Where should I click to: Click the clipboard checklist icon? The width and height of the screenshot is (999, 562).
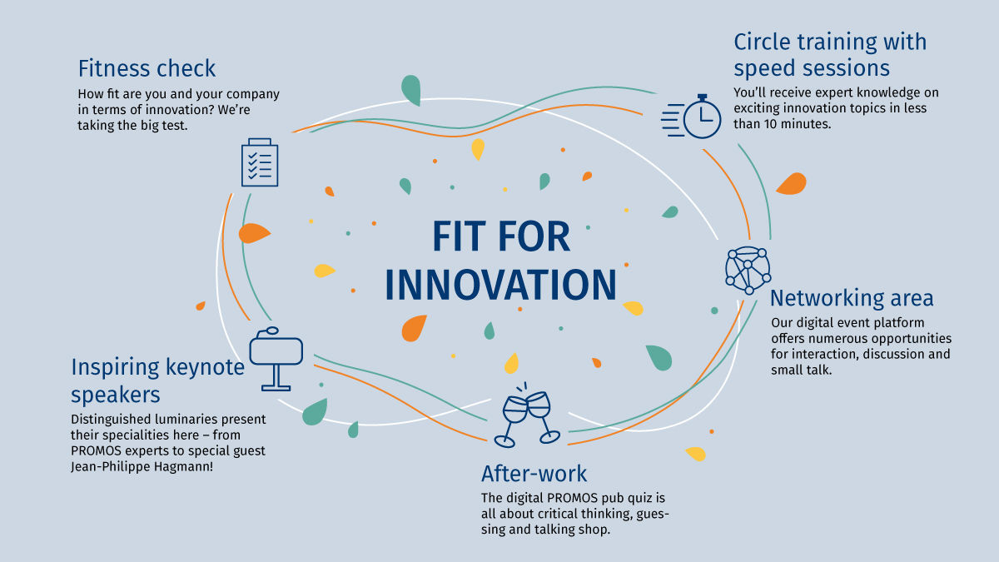point(260,162)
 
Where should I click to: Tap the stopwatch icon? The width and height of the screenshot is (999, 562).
point(691,117)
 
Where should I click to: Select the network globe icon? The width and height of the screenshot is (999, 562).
point(748,271)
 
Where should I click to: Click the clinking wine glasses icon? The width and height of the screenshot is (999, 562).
point(527,415)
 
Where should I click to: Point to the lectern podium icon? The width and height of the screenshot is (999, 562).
point(276,359)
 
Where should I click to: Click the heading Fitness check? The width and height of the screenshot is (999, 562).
point(147,68)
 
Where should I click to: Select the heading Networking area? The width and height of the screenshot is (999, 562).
point(852,298)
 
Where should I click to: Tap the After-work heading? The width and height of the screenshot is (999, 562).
point(534,473)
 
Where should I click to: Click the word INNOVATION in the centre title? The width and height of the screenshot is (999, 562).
point(501,285)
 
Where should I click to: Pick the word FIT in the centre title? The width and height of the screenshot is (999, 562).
point(458,236)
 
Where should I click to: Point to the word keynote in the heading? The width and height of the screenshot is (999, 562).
point(205,367)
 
